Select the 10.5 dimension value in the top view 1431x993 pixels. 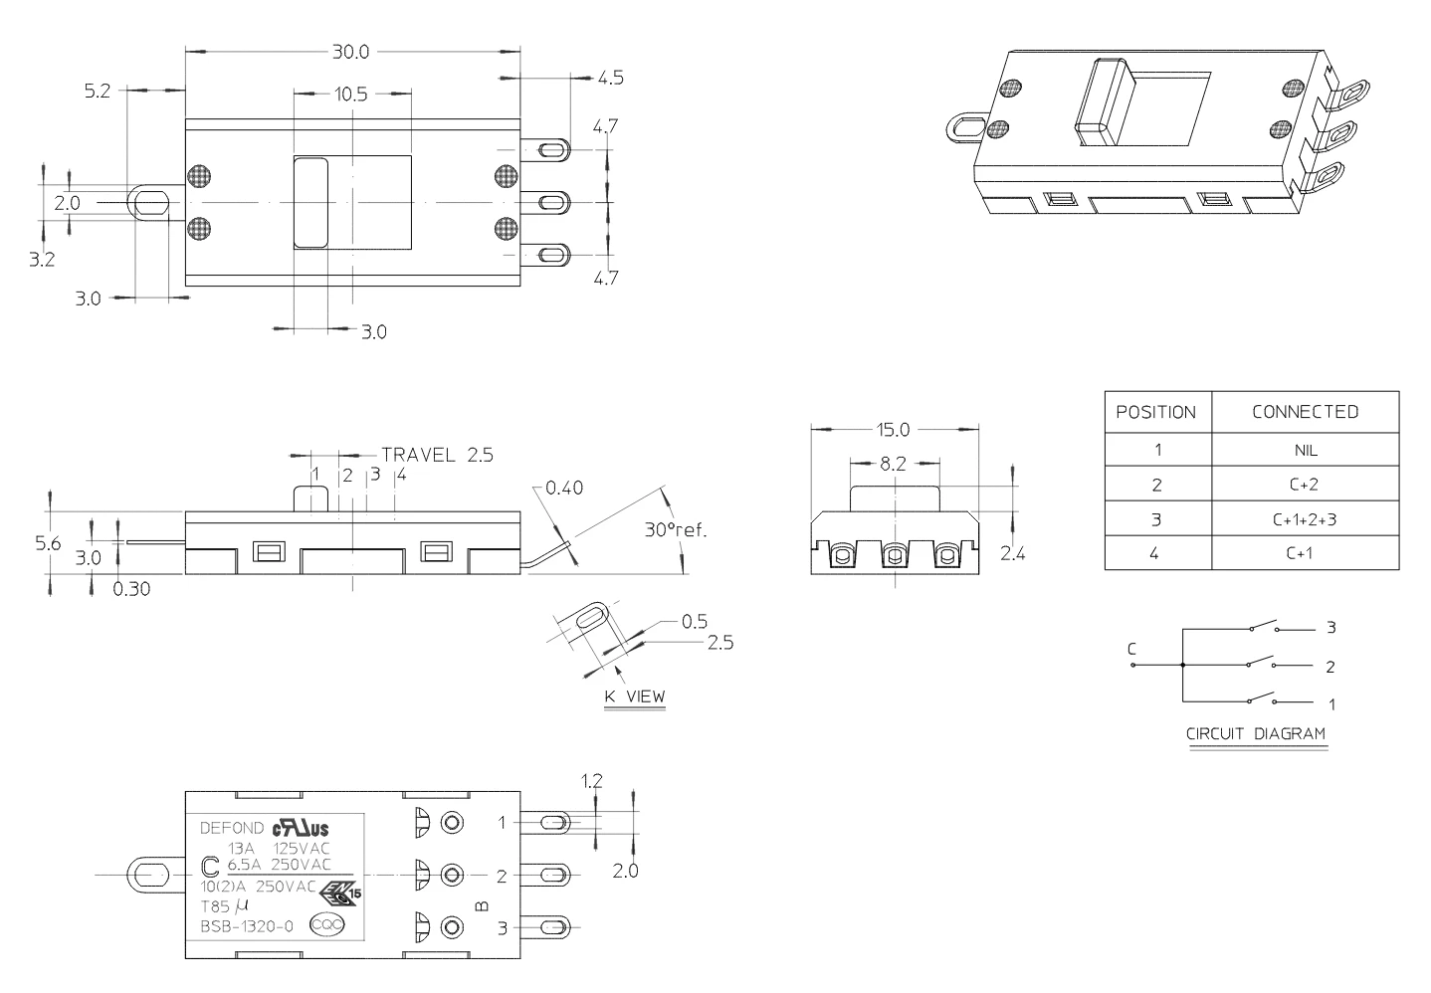[x=350, y=95]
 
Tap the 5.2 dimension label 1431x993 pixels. [x=98, y=91]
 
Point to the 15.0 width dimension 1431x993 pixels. [x=893, y=430]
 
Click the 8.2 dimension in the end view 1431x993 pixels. [x=893, y=463]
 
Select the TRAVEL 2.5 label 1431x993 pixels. [x=437, y=455]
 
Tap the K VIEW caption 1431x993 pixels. [x=634, y=696]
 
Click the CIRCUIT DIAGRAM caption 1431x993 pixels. [x=1256, y=733]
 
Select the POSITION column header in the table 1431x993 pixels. [x=1156, y=412]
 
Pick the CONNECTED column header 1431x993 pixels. [x=1305, y=412]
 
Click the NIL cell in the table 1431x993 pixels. [x=1306, y=450]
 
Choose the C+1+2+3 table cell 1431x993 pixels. [x=1306, y=519]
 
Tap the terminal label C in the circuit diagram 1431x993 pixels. [x=1130, y=650]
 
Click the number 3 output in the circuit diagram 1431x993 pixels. [x=1330, y=628]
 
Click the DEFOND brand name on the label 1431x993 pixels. [x=232, y=828]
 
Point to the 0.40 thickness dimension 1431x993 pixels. [x=564, y=488]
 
